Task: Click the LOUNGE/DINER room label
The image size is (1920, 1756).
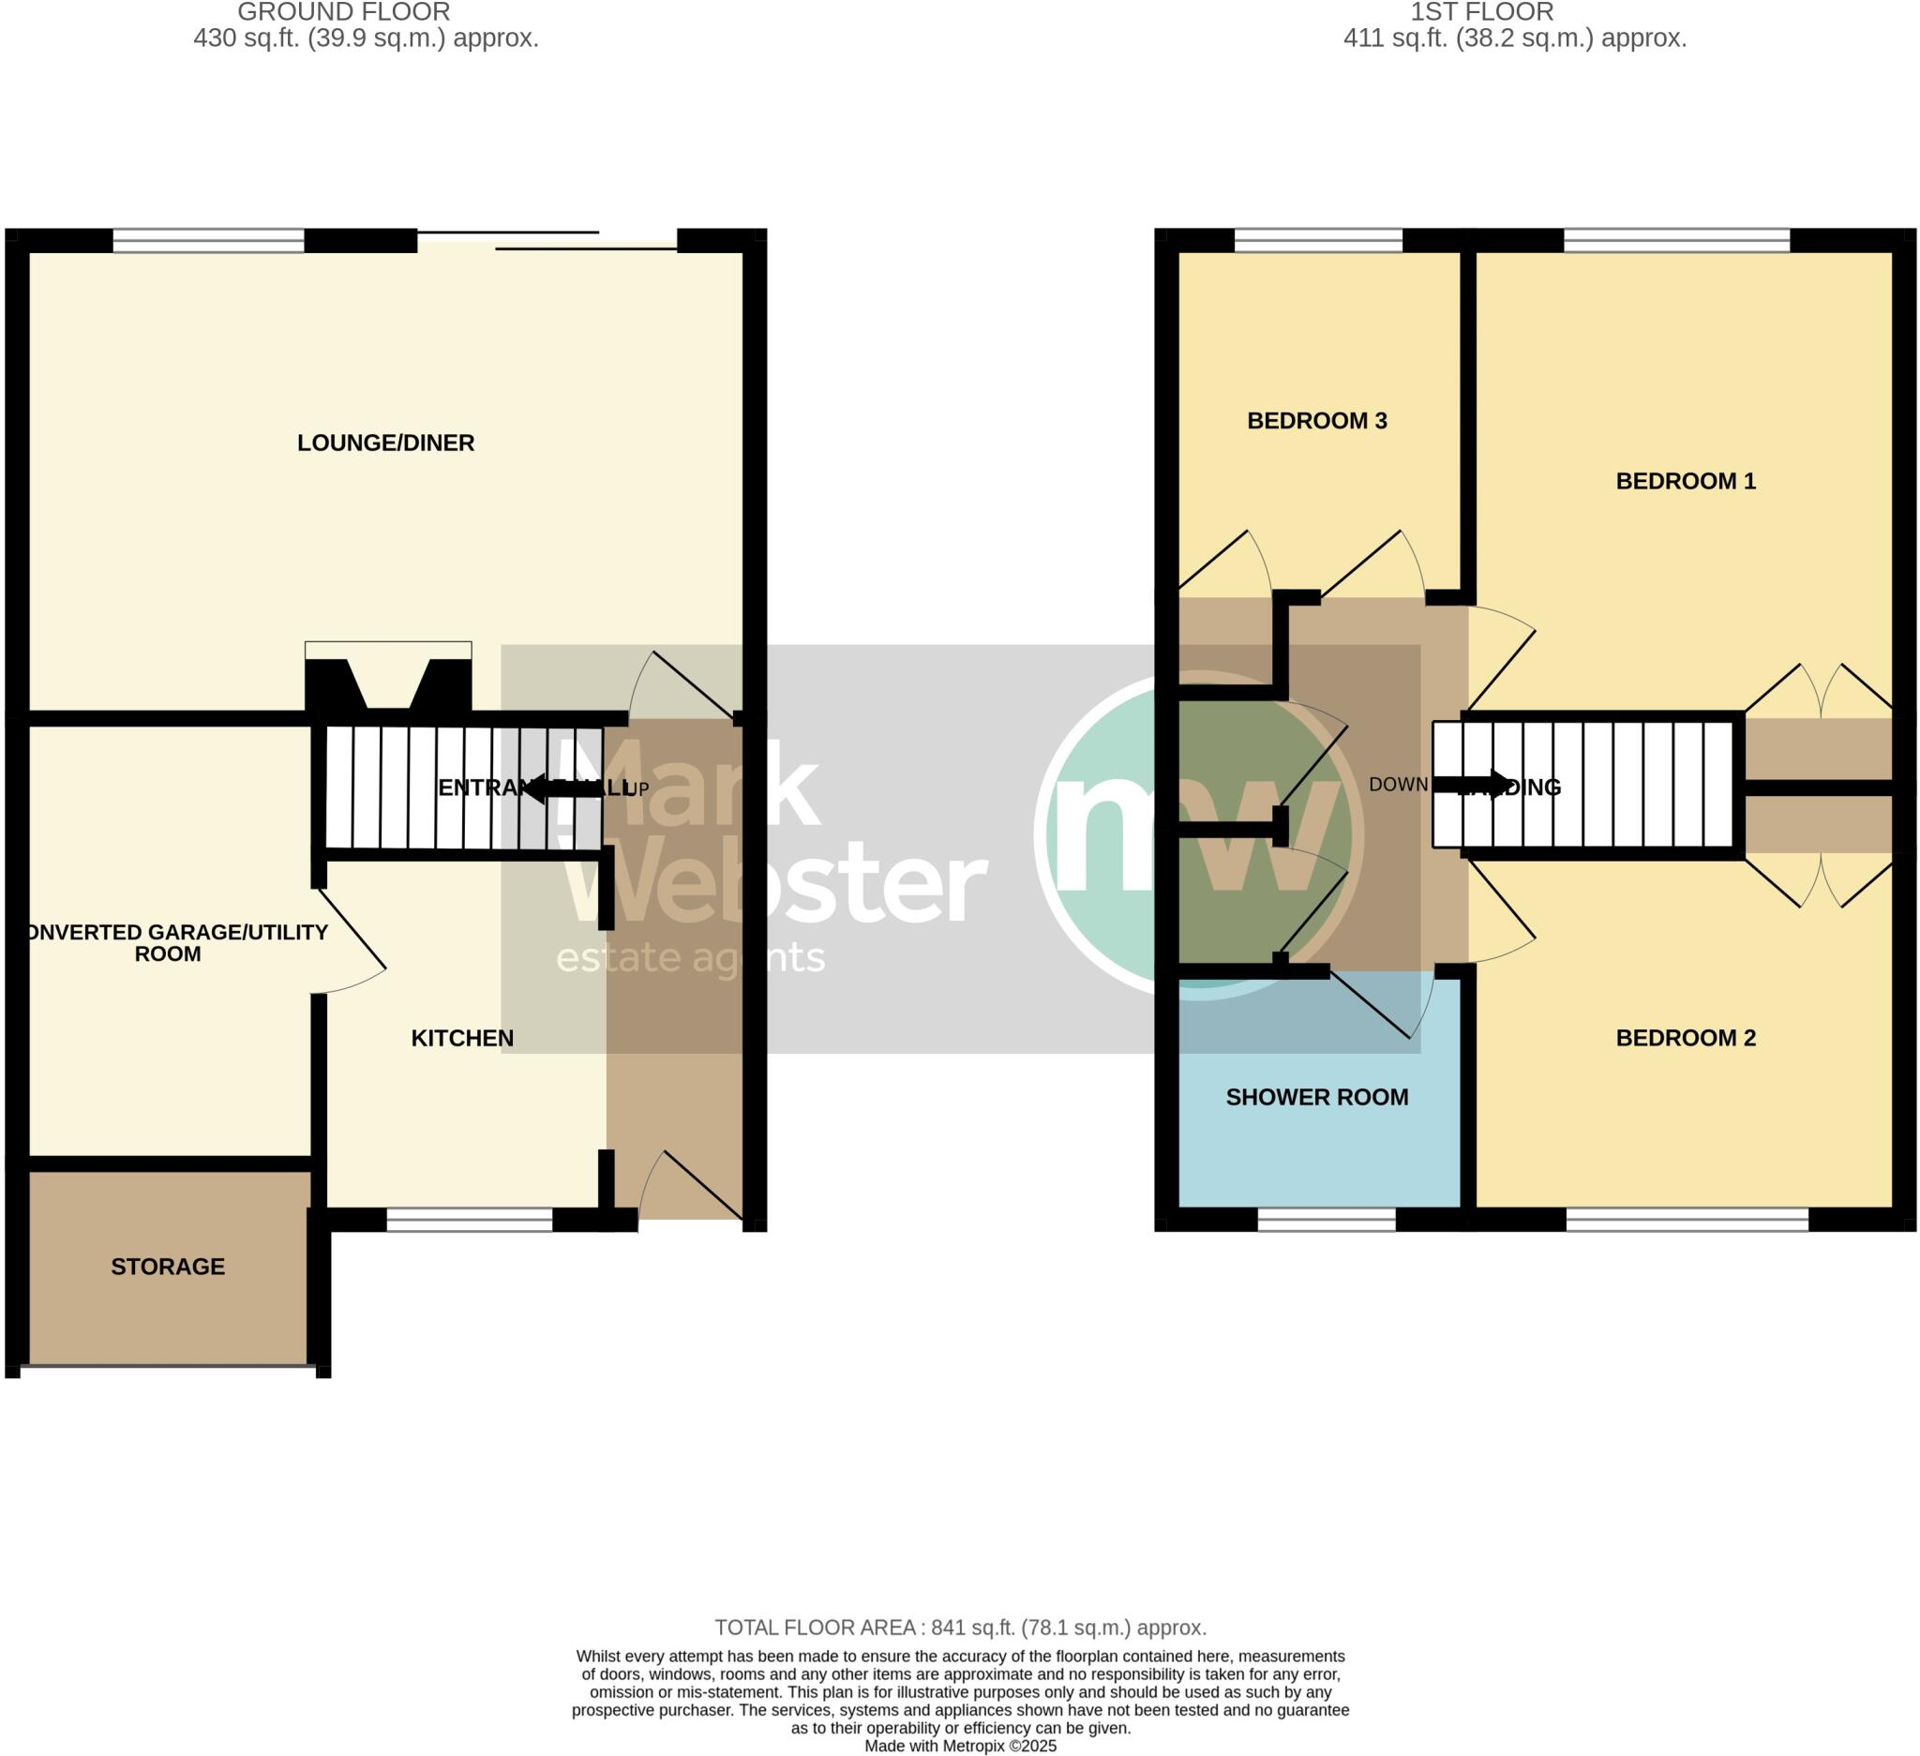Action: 385,443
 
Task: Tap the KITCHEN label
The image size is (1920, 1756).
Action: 462,1038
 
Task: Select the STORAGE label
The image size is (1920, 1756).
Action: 168,1267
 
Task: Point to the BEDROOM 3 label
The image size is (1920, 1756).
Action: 1317,421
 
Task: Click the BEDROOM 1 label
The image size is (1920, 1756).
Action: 1686,481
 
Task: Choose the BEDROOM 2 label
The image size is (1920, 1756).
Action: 1686,1038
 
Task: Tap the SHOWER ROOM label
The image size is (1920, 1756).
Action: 1317,1097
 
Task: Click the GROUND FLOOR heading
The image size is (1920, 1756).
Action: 344,12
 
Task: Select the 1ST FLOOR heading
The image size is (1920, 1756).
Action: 1482,12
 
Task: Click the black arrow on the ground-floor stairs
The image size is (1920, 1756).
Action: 562,788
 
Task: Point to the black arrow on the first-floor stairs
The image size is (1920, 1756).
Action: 1472,785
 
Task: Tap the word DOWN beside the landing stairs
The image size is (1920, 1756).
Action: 1398,785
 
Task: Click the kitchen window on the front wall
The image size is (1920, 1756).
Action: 470,1220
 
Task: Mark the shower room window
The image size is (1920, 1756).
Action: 1327,1220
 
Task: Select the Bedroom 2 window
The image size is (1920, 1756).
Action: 1687,1220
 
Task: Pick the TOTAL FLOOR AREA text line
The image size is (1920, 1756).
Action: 960,1628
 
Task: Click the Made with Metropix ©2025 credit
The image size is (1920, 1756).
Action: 960,1746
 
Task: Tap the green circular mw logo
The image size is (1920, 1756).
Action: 1199,835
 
